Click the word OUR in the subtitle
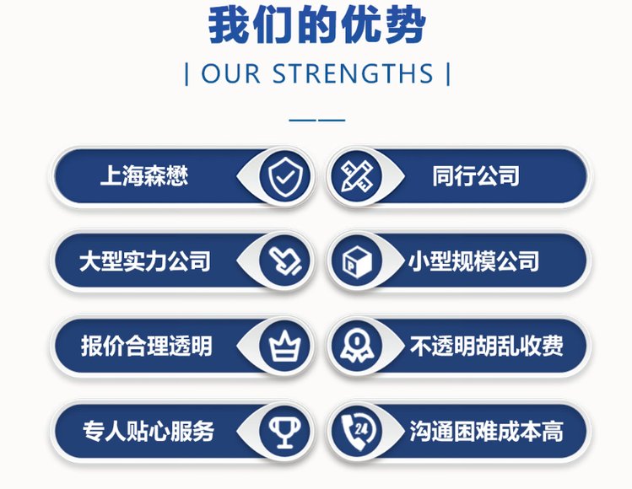pyautogui.click(x=230, y=73)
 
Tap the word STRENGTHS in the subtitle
pyautogui.click(x=353, y=73)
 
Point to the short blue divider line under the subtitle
pyautogui.click(x=316, y=120)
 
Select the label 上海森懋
pyautogui.click(x=144, y=176)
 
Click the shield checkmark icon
pyautogui.click(x=285, y=177)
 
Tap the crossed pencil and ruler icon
pyautogui.click(x=356, y=176)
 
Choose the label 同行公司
pyautogui.click(x=476, y=176)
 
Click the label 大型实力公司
pyautogui.click(x=144, y=261)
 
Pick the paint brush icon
pyautogui.click(x=285, y=261)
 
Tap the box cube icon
pyautogui.click(x=356, y=261)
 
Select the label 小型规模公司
pyautogui.click(x=474, y=261)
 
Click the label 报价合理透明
pyautogui.click(x=146, y=346)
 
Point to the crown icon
pyautogui.click(x=285, y=345)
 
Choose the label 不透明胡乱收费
pyautogui.click(x=487, y=346)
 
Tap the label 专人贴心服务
pyautogui.click(x=148, y=431)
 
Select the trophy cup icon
pyautogui.click(x=285, y=432)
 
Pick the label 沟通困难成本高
pyautogui.click(x=487, y=431)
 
